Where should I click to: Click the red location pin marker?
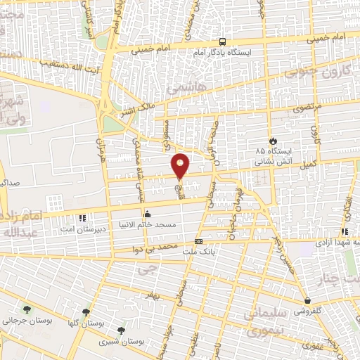click(181, 167)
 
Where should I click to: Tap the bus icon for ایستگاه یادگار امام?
click(222, 41)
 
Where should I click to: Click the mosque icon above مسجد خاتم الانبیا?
click(147, 214)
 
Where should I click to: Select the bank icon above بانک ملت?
click(198, 240)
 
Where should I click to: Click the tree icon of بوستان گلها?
click(86, 311)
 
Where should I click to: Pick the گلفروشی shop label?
click(307, 309)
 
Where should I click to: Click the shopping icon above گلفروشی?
click(307, 299)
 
